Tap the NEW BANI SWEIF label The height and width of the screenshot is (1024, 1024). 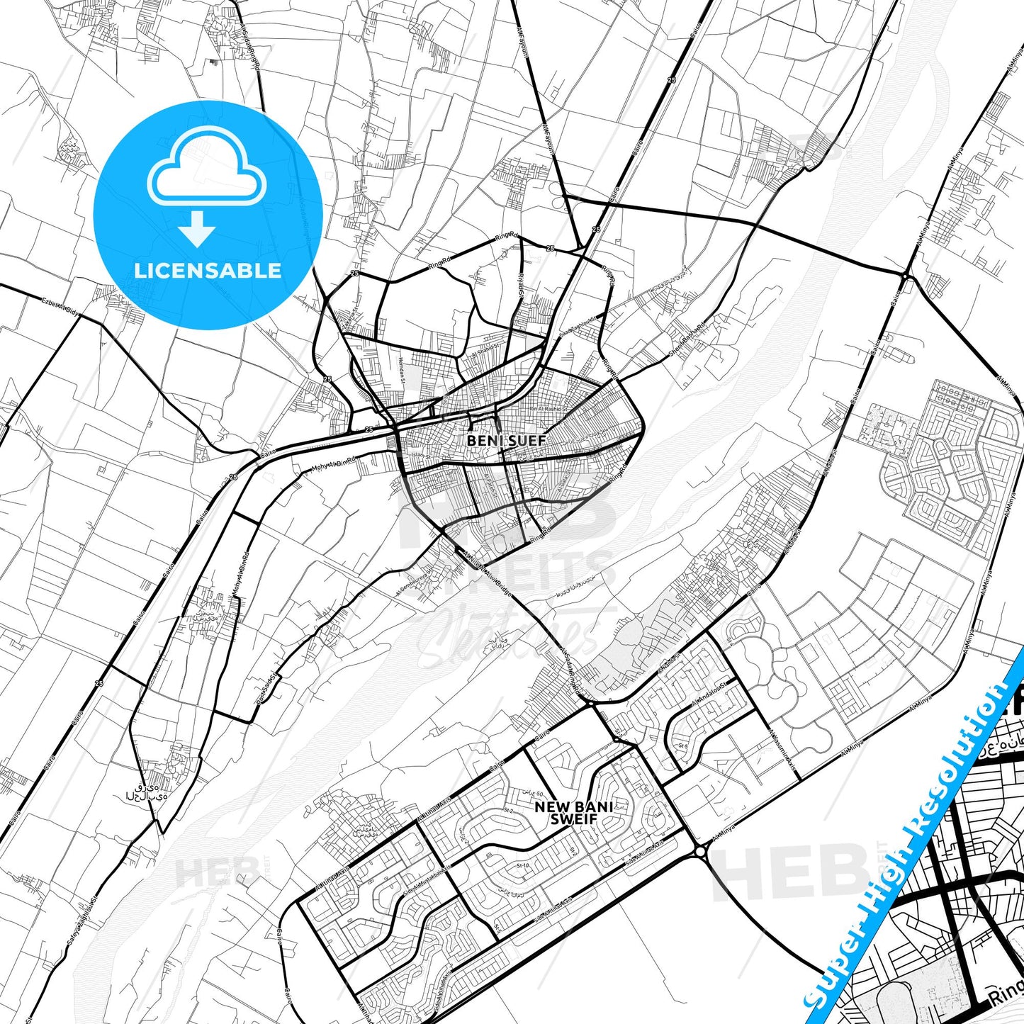point(573,813)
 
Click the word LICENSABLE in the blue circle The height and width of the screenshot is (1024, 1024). point(208,270)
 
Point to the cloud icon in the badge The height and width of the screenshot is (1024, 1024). point(206,169)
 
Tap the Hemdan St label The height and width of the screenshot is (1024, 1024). point(401,369)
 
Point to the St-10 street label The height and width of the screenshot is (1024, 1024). point(523,865)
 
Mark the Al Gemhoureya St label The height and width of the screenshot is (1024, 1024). point(413,582)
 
